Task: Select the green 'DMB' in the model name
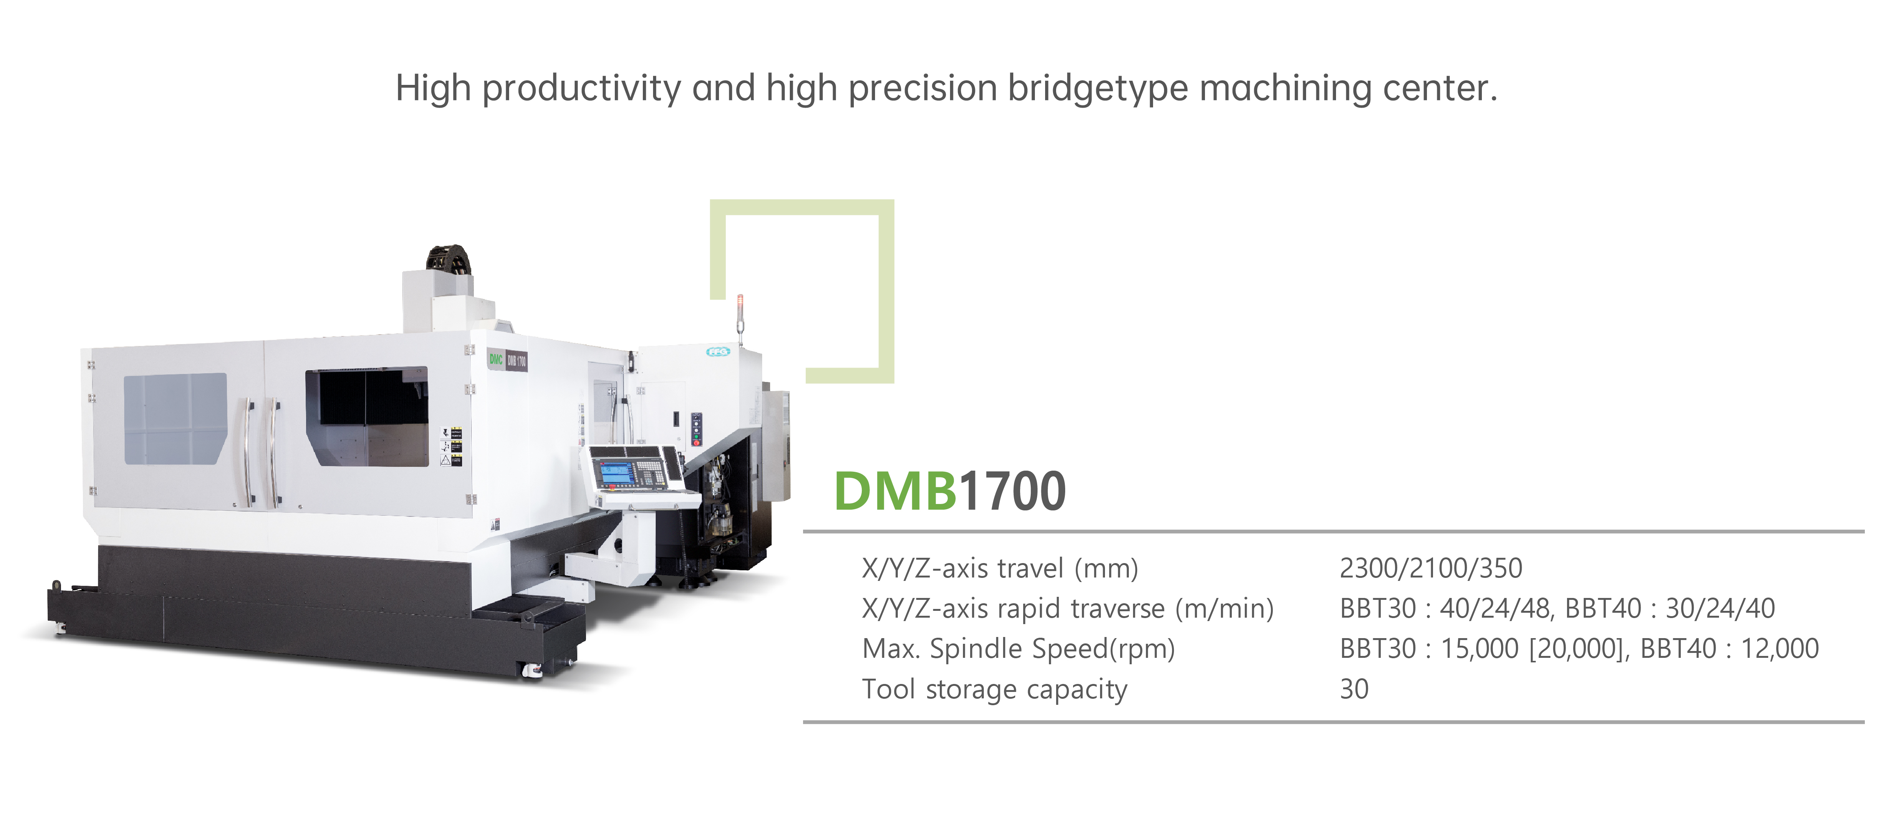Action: tap(895, 491)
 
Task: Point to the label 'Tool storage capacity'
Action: tap(994, 690)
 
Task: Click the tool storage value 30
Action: tap(1353, 689)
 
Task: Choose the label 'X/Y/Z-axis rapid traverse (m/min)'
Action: tap(1067, 609)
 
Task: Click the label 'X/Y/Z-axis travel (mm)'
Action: tap(1000, 568)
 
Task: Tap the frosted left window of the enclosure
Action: tap(175, 418)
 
